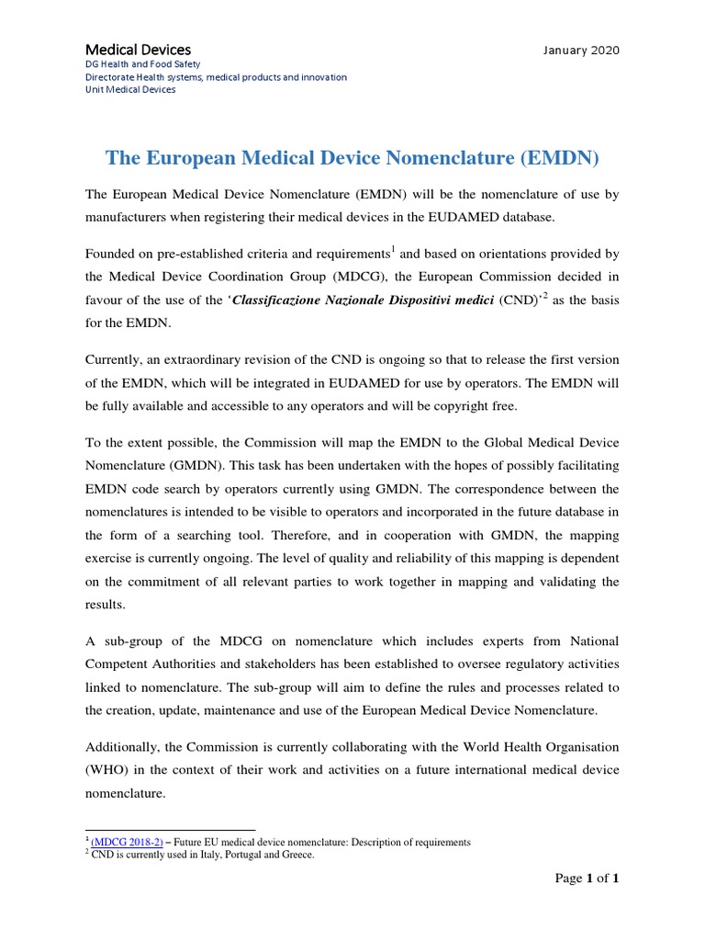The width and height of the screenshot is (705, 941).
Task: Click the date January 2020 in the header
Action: (x=581, y=50)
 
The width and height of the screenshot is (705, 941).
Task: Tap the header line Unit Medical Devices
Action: (x=130, y=89)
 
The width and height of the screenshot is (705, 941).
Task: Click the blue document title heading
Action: (x=352, y=158)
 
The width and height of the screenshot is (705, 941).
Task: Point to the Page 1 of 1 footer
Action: (x=587, y=879)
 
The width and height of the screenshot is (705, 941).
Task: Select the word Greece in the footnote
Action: (x=295, y=855)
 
